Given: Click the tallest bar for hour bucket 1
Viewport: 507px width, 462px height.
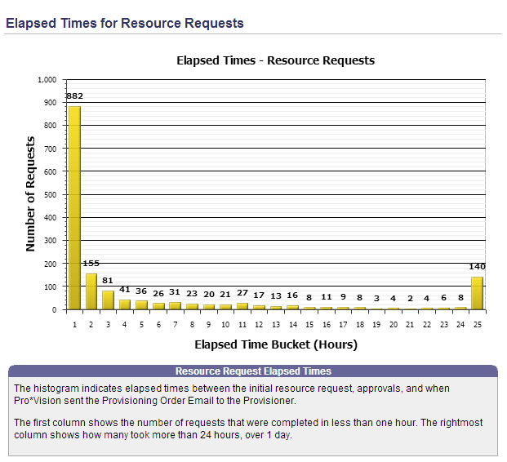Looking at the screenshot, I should coord(74,208).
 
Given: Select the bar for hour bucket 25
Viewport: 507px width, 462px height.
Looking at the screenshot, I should coord(477,294).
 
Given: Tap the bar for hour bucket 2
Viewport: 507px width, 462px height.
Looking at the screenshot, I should coord(91,291).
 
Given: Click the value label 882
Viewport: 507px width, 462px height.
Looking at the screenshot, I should coord(74,97).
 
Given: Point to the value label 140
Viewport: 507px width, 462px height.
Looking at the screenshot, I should coord(477,267).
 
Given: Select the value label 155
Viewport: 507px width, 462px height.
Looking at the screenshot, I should coord(91,264).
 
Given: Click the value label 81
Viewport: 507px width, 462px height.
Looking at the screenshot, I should coord(108,281).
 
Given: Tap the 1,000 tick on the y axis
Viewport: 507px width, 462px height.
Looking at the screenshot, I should coord(47,80).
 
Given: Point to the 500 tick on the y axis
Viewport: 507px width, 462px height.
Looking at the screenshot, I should coord(50,194).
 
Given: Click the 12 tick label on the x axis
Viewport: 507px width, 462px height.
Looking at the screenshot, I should coord(259,325).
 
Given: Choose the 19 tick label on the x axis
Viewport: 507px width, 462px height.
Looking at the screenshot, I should coord(376,325).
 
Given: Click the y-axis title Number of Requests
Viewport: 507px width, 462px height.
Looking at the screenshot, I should coord(31,195).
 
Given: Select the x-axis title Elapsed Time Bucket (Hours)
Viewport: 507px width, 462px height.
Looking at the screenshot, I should coord(275,344).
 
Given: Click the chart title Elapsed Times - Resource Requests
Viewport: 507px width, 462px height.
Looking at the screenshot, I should coord(275,60).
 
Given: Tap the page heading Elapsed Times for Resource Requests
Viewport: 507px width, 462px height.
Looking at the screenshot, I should coord(125,23).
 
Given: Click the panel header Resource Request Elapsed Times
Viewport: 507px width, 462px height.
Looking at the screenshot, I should coord(253,371).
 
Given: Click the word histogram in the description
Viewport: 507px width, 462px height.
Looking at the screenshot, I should coord(58,389).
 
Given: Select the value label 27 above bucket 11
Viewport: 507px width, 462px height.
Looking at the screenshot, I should coord(242,293).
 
